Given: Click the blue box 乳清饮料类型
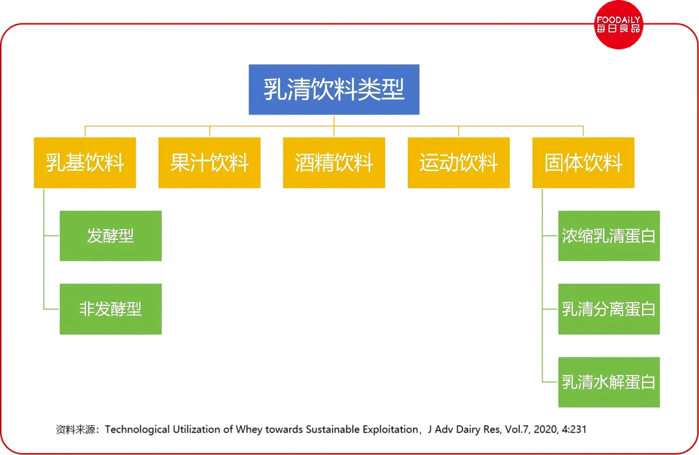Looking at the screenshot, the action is pos(334,90).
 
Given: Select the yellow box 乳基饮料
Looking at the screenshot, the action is pos(85,162).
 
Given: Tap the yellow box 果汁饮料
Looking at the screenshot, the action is pos(209,162).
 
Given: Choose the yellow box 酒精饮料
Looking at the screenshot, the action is pos(334,162).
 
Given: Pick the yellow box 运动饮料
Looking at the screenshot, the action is pos(459,162).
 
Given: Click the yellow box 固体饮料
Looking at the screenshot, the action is pos(583,162).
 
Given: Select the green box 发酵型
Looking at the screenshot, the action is pos(111,236).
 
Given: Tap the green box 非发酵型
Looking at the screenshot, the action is pos(111,309).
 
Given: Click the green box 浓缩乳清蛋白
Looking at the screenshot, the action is pos(609,236).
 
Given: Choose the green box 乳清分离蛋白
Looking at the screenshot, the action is pos(609,309).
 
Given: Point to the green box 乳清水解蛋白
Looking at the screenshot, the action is pos(609,382).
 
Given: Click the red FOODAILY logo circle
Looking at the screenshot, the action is pos(619,25).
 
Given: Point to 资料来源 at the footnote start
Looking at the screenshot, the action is pos(75,429).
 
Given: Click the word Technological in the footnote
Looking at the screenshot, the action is pos(137,430).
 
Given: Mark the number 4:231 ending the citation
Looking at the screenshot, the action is pos(574,429).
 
